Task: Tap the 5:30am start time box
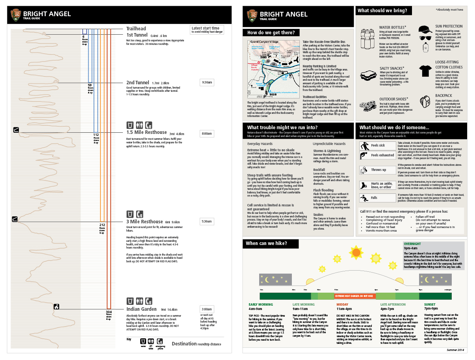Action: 207,222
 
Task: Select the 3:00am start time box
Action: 207,309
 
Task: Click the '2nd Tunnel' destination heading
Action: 137,83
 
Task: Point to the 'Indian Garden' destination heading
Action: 141,309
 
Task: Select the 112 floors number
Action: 96,135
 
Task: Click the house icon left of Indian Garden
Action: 56,306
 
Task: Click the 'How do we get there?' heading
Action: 271,33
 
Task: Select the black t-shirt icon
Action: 425,71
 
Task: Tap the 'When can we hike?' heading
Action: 266,243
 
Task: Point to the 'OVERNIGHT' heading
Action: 412,244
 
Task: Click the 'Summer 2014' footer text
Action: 455,349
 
